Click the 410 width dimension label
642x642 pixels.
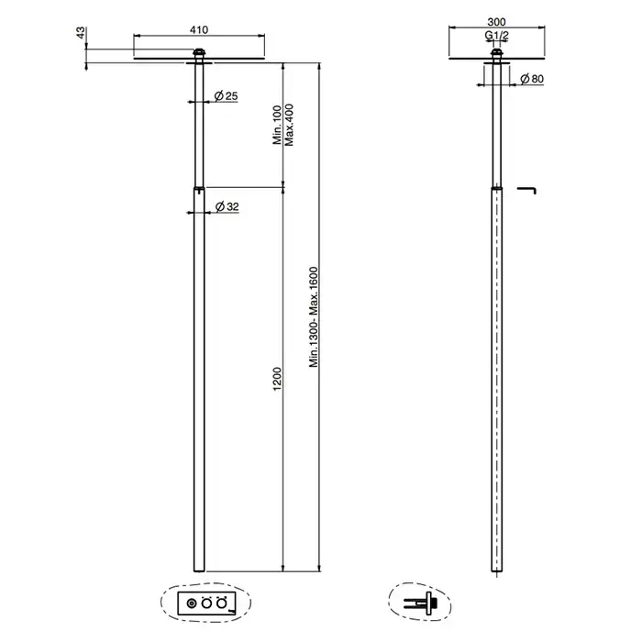point(199,30)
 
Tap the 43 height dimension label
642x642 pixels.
point(81,33)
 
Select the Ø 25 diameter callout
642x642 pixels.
point(226,96)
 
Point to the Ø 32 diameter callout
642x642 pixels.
point(227,206)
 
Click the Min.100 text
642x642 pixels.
point(277,125)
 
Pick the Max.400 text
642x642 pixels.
point(289,125)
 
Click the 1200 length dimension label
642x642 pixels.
point(277,379)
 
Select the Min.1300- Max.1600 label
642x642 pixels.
point(314,317)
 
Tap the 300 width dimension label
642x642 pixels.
point(497,22)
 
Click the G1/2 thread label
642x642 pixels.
point(497,36)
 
